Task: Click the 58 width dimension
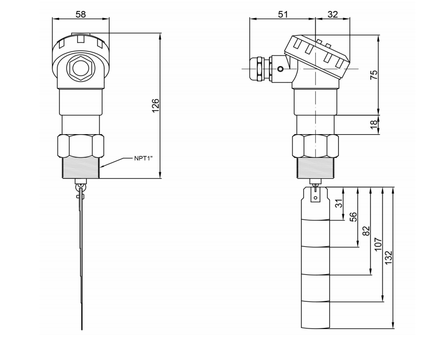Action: click(80, 14)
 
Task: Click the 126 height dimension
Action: click(156, 106)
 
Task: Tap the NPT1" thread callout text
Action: click(143, 158)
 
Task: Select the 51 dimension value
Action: click(283, 14)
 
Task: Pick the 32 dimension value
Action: click(332, 14)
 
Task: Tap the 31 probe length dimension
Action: click(338, 204)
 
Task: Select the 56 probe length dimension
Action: click(353, 217)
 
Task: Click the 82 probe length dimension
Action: click(366, 231)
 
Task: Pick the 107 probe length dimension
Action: click(378, 244)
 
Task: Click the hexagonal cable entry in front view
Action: click(80, 68)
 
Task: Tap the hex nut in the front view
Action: click(81, 146)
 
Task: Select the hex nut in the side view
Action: click(315, 146)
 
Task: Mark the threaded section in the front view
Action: click(81, 168)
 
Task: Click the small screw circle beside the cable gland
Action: click(280, 69)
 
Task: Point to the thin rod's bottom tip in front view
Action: click(82, 328)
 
